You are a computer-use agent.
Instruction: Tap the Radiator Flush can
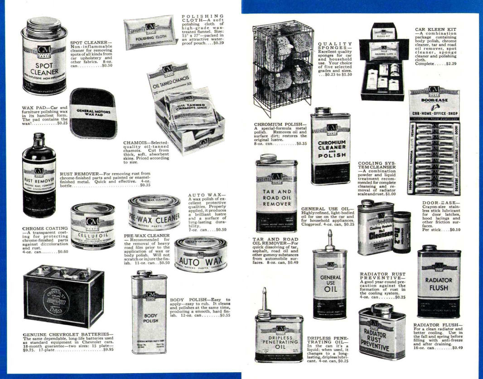coord(439,282)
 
